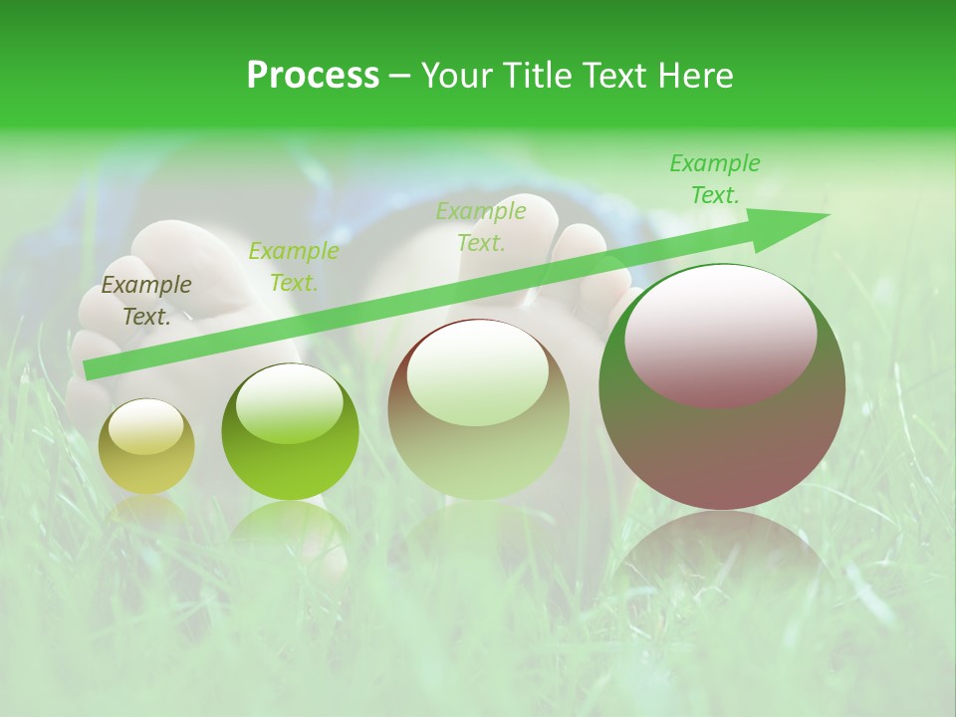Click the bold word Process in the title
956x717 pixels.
pyautogui.click(x=313, y=76)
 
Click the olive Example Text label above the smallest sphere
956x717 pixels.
pyautogui.click(x=146, y=301)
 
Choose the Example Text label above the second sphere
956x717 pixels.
pyautogui.click(x=294, y=267)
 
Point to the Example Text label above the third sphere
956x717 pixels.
pyautogui.click(x=481, y=227)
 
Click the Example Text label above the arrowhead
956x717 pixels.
pyautogui.click(x=715, y=179)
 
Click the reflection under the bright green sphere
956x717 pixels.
pyautogui.click(x=290, y=528)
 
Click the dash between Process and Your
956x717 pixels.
pyautogui.click(x=399, y=76)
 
